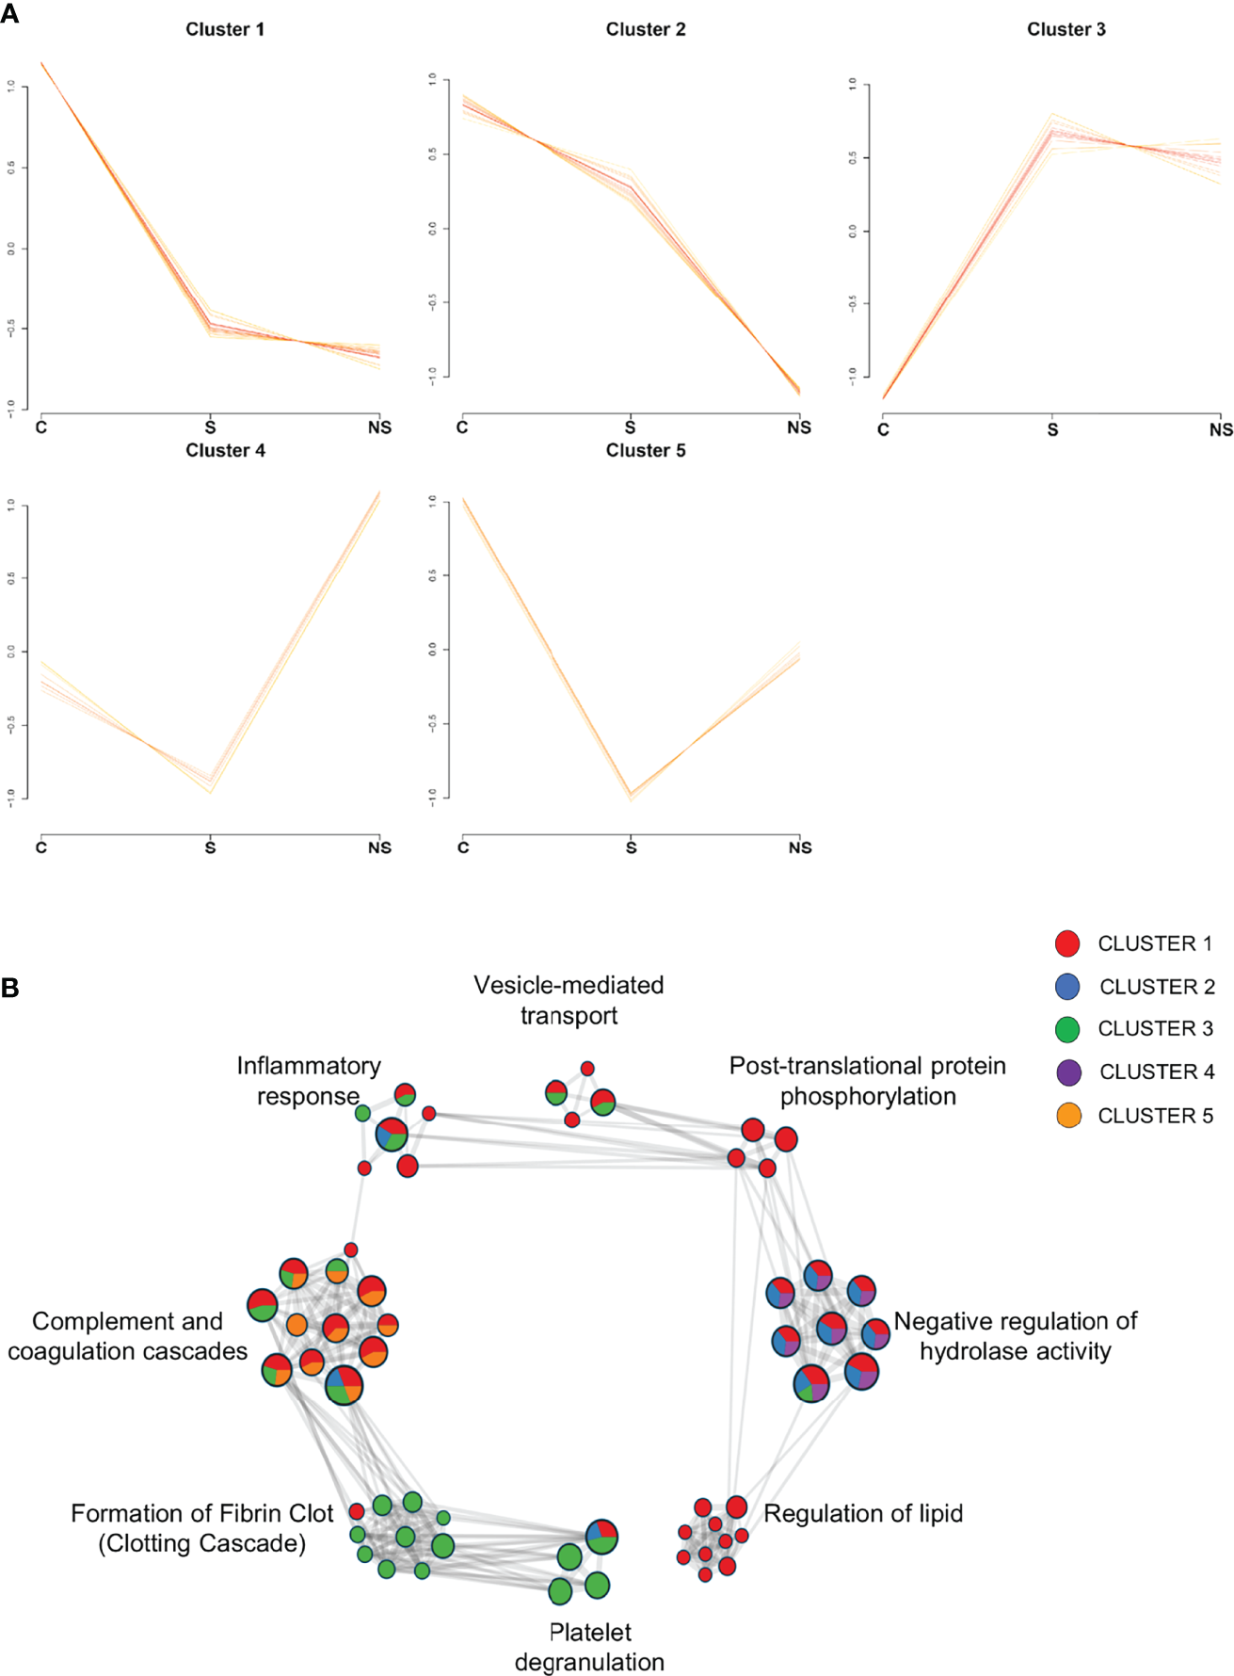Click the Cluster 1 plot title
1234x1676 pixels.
click(x=225, y=29)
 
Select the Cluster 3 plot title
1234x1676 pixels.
click(x=1066, y=29)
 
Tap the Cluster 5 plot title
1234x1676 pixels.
click(x=645, y=450)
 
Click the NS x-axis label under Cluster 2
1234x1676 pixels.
click(x=799, y=427)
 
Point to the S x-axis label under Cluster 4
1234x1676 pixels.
click(x=210, y=847)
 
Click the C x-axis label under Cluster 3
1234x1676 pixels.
click(x=883, y=429)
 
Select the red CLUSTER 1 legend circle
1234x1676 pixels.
click(x=1067, y=943)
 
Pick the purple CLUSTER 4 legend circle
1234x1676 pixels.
click(x=1068, y=1072)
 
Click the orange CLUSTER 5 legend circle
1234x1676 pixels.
click(x=1068, y=1116)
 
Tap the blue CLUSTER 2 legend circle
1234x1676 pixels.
click(x=1067, y=986)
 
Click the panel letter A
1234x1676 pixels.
click(x=10, y=13)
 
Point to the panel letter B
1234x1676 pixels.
click(x=10, y=988)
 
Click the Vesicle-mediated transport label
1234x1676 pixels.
click(x=569, y=1000)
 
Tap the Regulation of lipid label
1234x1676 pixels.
click(x=863, y=1513)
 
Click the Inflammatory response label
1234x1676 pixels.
click(x=308, y=1080)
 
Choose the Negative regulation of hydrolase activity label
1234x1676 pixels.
click(x=1016, y=1335)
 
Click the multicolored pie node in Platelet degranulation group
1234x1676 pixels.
click(x=601, y=1537)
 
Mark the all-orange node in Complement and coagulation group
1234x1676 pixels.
click(x=296, y=1325)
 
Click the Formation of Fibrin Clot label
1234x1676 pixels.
click(x=202, y=1527)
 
